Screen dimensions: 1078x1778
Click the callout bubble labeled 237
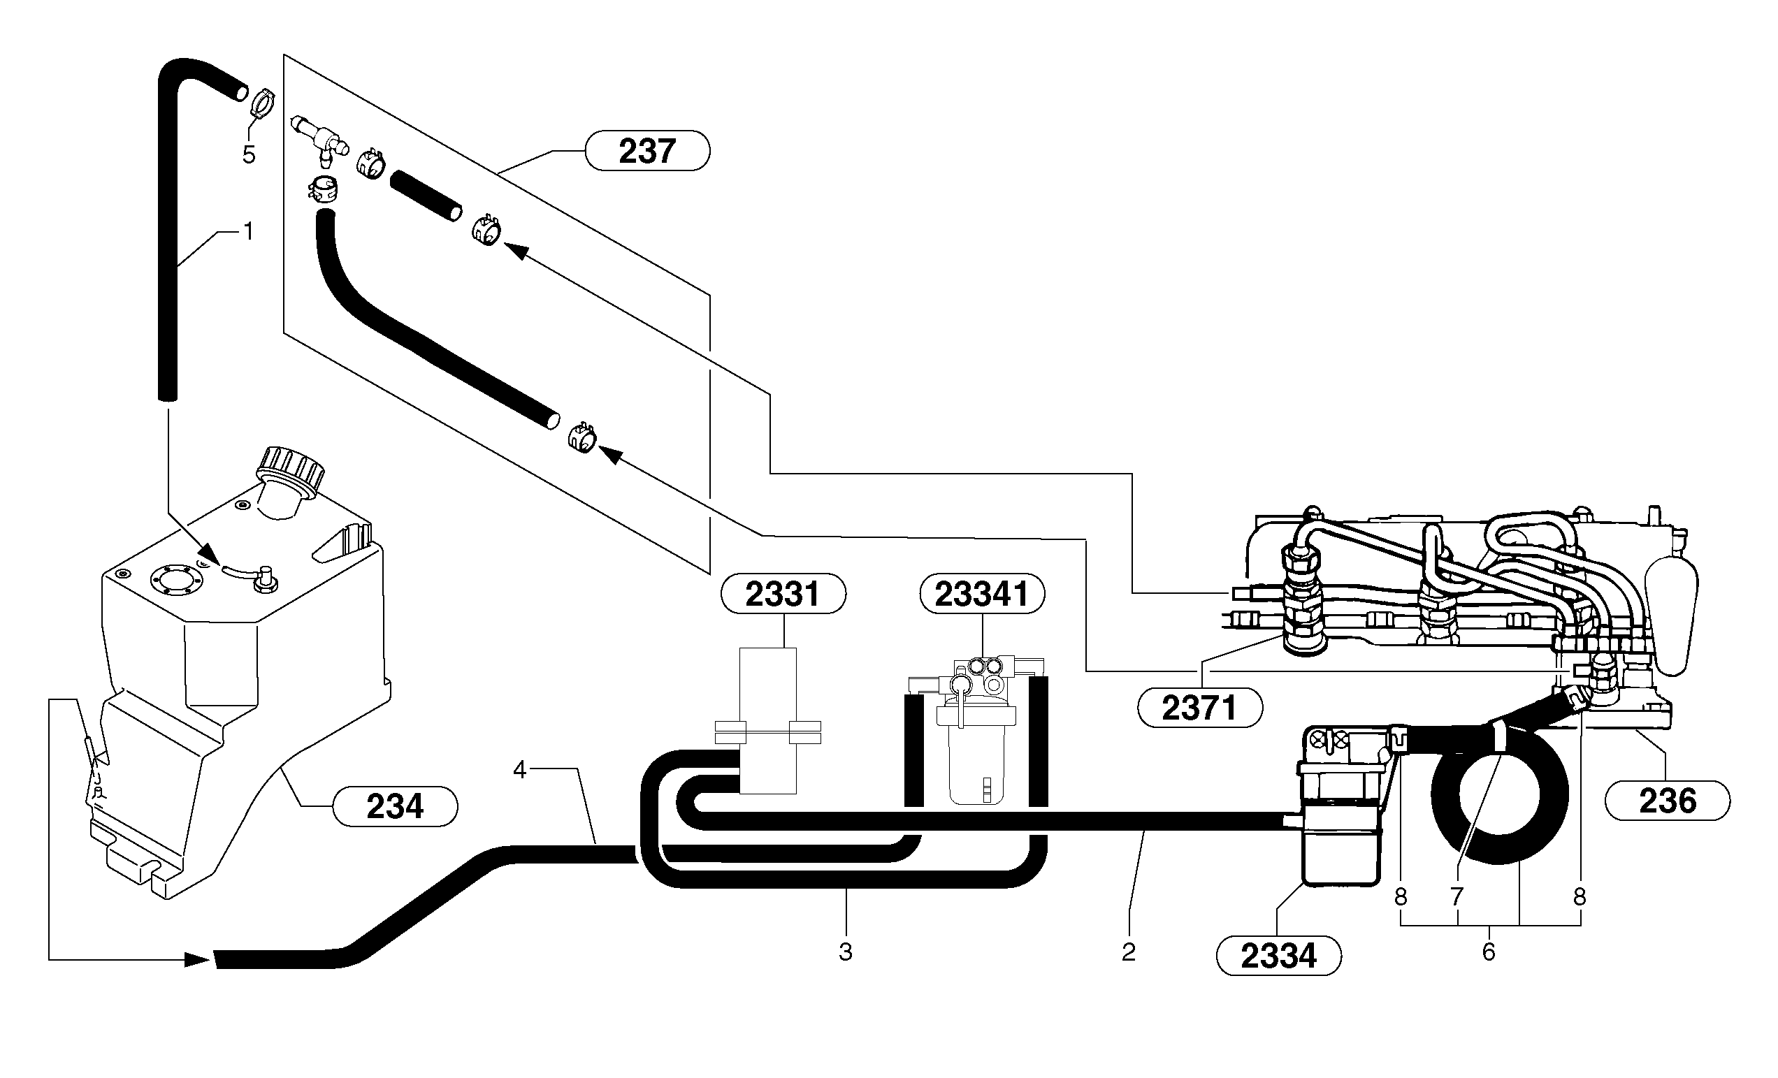tap(646, 151)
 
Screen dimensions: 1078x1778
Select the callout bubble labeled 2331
tap(783, 594)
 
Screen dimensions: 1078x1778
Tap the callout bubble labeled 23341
tap(981, 594)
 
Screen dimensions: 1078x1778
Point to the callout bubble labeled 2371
tap(1199, 708)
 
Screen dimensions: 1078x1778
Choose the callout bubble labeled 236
tap(1667, 801)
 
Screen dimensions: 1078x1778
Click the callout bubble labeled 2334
tap(1279, 956)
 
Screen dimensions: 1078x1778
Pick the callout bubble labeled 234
tap(394, 807)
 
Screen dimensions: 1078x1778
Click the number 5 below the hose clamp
tap(248, 154)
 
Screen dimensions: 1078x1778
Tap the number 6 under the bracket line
tap(1489, 952)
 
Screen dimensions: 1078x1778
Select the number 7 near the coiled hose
tap(1457, 897)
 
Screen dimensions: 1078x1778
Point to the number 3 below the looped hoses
tap(845, 952)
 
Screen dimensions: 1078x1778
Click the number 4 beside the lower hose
tap(519, 770)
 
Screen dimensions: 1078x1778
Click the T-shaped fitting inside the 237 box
tap(317, 136)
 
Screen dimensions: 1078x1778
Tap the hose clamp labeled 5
tap(261, 103)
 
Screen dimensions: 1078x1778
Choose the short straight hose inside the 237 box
tap(426, 195)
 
